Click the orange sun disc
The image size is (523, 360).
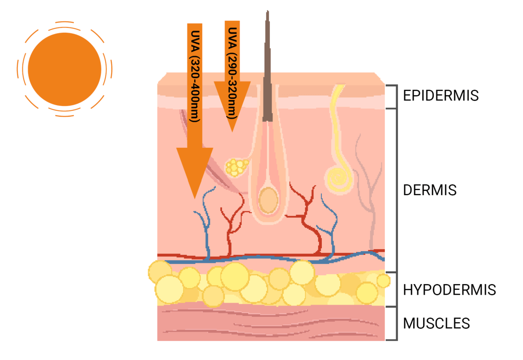point(64,69)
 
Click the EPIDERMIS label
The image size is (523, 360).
point(441,96)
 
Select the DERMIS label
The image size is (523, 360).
point(430,190)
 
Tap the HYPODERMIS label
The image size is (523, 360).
point(449,289)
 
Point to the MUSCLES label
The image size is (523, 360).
point(436,324)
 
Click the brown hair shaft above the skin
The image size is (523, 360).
point(268,47)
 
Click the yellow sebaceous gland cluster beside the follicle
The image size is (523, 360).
point(237,166)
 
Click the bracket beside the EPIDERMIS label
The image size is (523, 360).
point(396,97)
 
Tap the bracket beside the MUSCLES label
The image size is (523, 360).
point(396,324)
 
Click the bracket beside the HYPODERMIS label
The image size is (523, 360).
point(396,289)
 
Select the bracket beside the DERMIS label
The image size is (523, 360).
point(396,190)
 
